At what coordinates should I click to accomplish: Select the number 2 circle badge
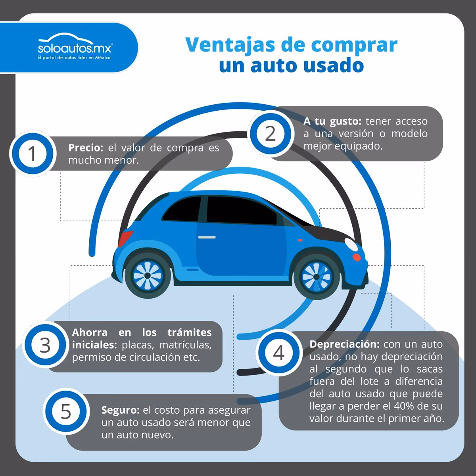[270, 134]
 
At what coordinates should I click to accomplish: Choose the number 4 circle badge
[279, 353]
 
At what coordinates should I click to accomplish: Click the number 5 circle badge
[65, 411]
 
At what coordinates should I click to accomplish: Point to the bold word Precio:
[86, 148]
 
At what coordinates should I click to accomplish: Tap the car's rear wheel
[147, 275]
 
